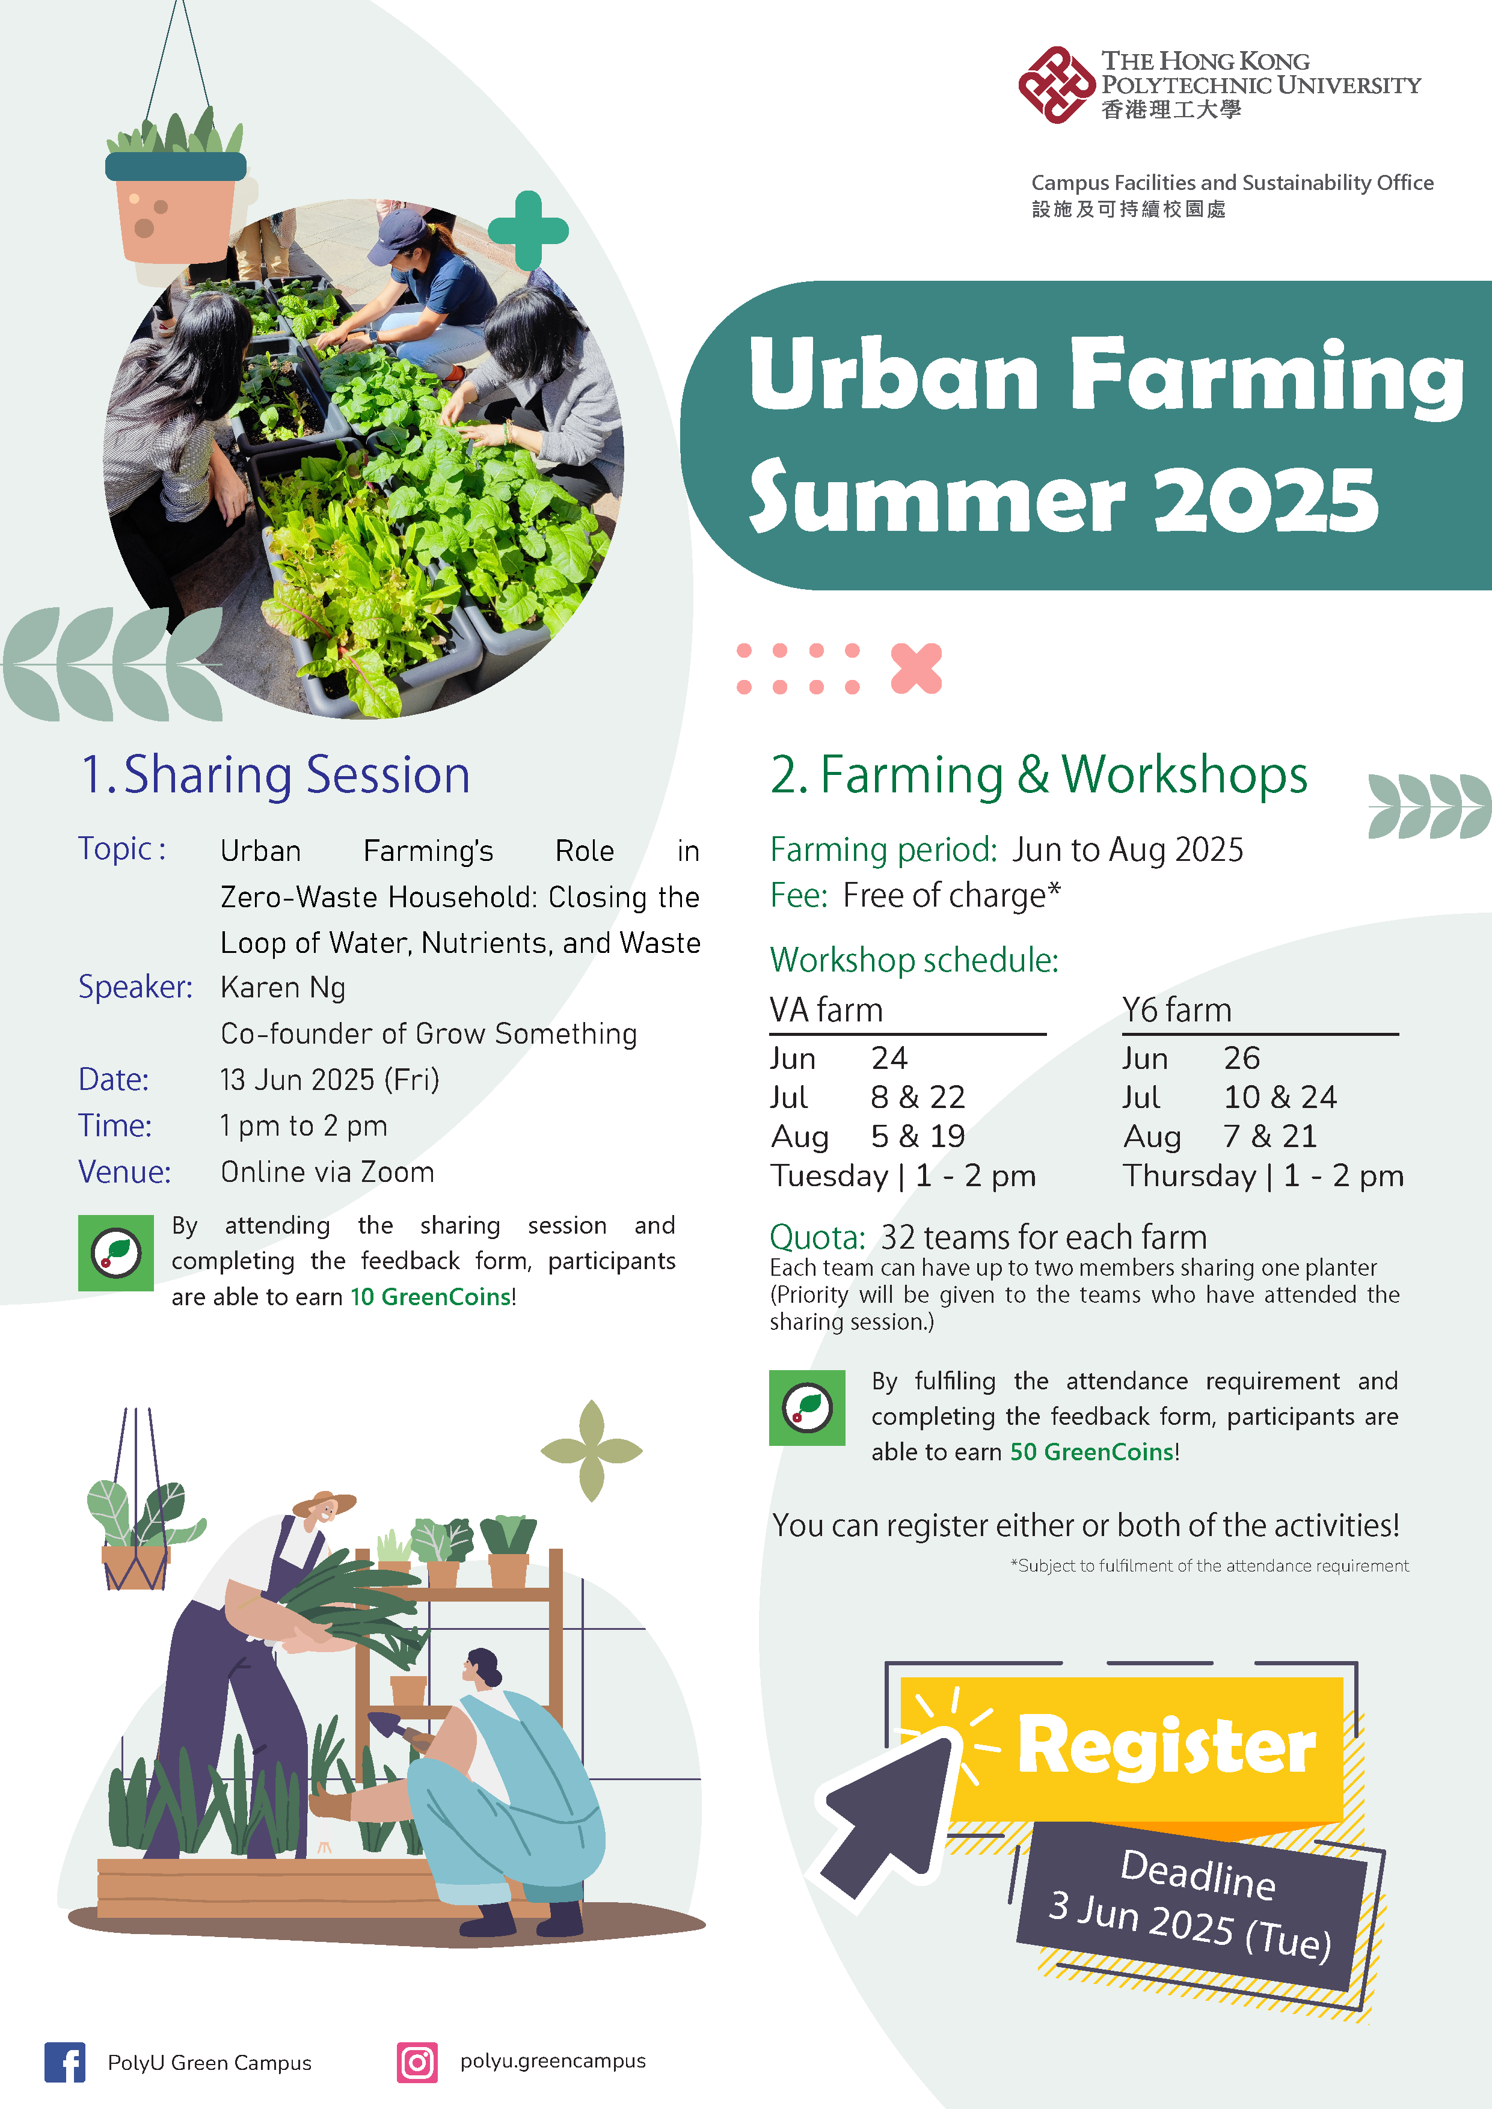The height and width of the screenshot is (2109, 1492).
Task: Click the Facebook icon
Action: tap(64, 2062)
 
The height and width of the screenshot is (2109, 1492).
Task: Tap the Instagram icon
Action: tap(417, 2062)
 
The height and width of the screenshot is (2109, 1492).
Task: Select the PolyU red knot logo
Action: tap(1057, 85)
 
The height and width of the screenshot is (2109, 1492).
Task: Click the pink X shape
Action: tap(916, 668)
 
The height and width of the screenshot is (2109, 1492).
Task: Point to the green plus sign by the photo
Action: tap(528, 230)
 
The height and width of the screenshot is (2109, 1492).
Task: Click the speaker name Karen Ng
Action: tap(283, 987)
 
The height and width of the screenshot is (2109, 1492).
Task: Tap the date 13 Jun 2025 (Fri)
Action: tap(330, 1079)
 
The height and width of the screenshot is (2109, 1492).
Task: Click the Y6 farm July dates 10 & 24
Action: tap(1280, 1097)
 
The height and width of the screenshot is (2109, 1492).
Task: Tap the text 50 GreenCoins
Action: tap(1091, 1452)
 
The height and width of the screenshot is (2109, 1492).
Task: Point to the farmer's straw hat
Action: tap(324, 1504)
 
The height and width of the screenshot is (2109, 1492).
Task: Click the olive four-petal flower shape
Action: tap(592, 1451)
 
